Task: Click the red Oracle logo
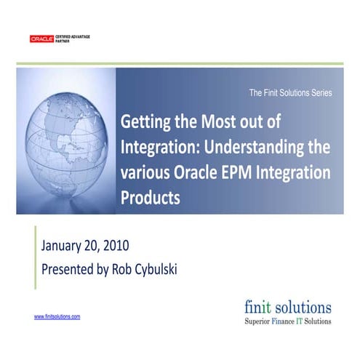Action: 42,39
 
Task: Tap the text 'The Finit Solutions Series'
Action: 290,93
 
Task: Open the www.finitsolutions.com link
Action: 57,317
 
